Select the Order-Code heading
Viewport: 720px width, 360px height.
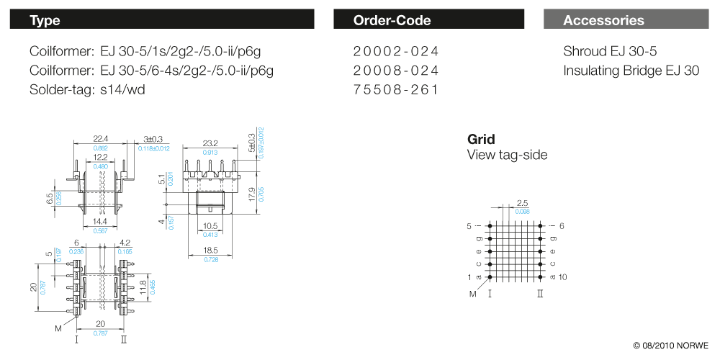[x=392, y=20]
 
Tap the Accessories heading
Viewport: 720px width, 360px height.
[x=603, y=20]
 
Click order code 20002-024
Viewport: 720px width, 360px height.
[x=396, y=52]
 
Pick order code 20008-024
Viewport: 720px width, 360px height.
[x=396, y=71]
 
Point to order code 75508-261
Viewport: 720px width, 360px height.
[x=396, y=90]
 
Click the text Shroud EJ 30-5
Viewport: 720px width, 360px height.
[x=610, y=52]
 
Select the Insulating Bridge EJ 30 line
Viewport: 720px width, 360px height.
[x=631, y=71]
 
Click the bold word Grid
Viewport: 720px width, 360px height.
[x=481, y=139]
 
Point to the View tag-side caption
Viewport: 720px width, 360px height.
[x=507, y=155]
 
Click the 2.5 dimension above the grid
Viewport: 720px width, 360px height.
[x=523, y=203]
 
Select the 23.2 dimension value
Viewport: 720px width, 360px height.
[x=210, y=143]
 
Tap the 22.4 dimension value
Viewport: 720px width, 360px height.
[x=100, y=138]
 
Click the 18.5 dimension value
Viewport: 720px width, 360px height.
[x=210, y=249]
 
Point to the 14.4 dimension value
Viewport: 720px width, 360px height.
[x=100, y=222]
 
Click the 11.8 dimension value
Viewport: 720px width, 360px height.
[x=143, y=287]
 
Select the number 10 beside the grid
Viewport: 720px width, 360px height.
[x=563, y=277]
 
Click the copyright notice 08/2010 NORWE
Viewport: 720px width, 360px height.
[x=670, y=344]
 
